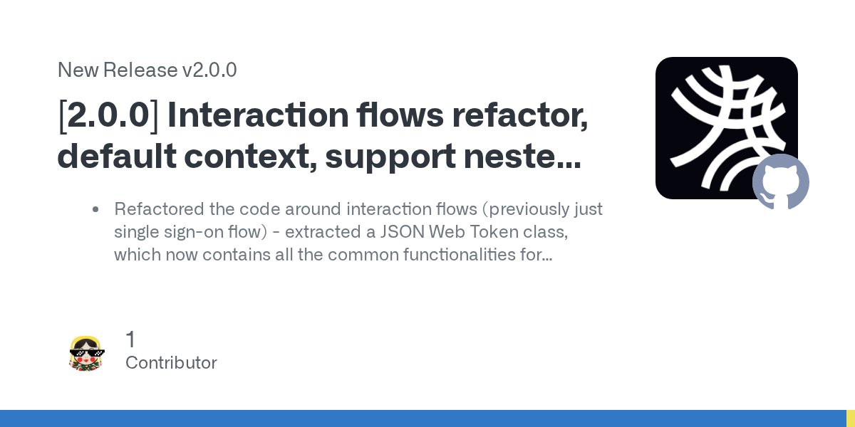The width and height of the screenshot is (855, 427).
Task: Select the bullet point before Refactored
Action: (95, 210)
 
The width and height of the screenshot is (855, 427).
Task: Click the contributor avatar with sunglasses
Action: (87, 352)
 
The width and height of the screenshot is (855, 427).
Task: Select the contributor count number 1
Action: (130, 339)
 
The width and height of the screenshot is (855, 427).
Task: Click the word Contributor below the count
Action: (171, 363)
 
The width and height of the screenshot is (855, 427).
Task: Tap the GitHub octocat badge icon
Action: (781, 181)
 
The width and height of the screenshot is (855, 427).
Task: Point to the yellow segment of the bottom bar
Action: (851, 418)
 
